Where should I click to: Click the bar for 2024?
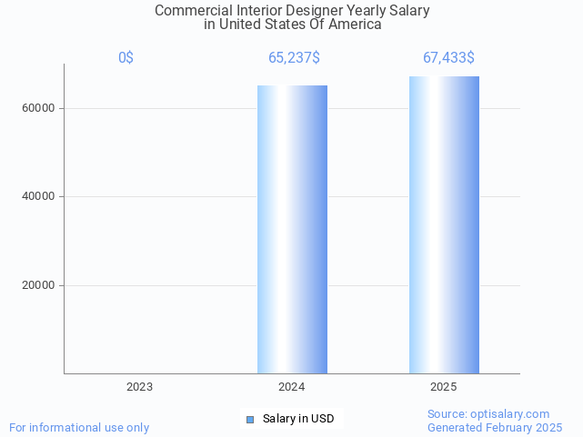click(x=292, y=229)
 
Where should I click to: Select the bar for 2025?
click(x=444, y=224)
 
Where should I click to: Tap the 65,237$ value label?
click(x=293, y=58)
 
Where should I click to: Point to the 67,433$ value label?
click(x=447, y=58)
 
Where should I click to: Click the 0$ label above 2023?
click(x=126, y=58)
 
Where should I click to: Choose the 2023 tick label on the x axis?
click(x=140, y=387)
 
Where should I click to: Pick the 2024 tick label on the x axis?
click(x=292, y=387)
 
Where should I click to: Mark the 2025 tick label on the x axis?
click(x=444, y=387)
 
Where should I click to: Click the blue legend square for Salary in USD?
click(x=250, y=419)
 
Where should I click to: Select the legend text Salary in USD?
click(x=298, y=419)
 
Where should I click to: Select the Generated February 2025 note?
click(x=495, y=427)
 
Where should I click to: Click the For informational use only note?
click(x=79, y=427)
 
